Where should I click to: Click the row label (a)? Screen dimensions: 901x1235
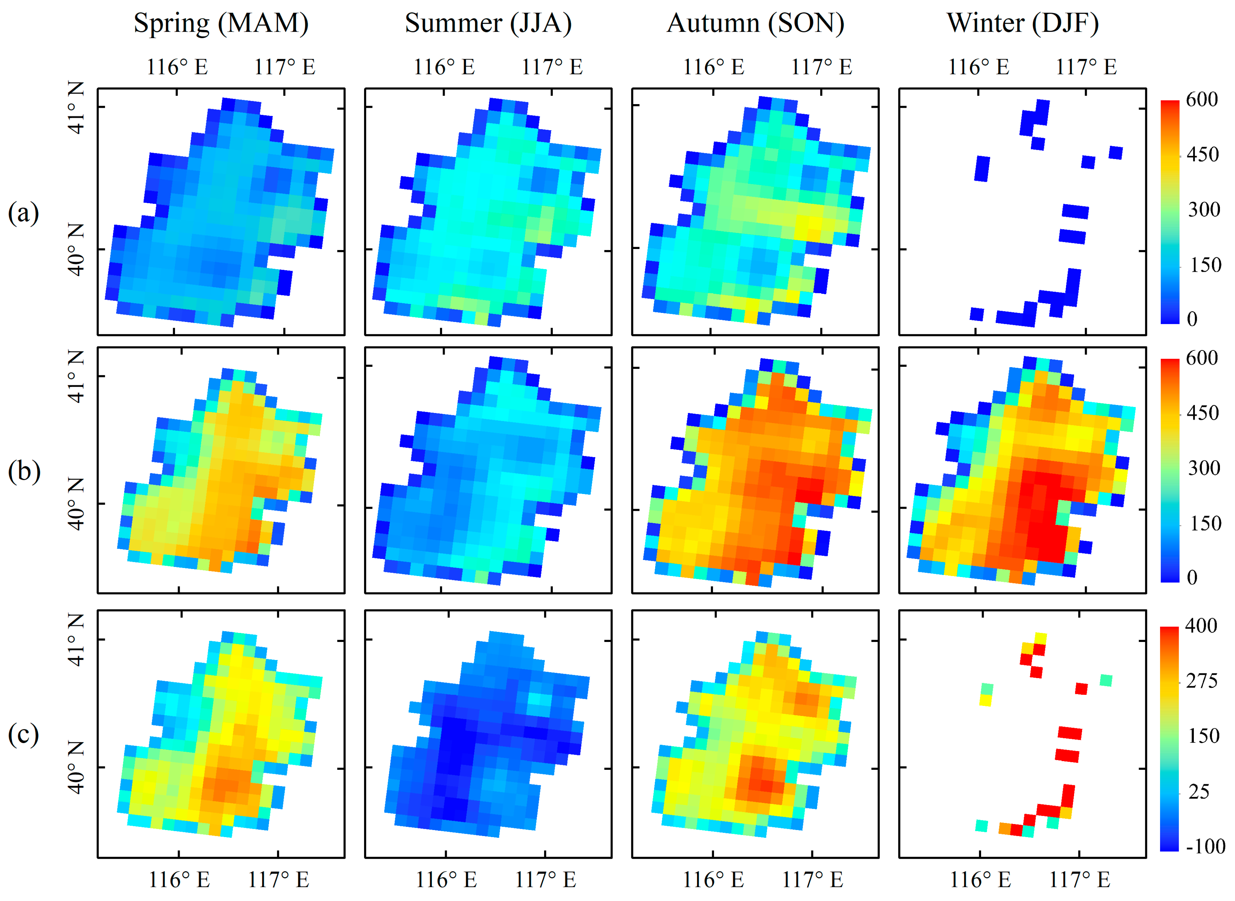[x=23, y=213]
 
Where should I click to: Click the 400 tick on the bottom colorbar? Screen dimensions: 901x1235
[x=1201, y=626]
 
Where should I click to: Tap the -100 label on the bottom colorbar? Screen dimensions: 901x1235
[x=1205, y=846]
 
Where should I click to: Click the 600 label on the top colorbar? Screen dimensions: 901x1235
[x=1201, y=99]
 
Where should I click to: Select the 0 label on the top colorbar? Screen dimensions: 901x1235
[x=1192, y=319]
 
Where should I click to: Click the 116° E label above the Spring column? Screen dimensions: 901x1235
[x=177, y=67]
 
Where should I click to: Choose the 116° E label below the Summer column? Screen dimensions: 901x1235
[x=446, y=879]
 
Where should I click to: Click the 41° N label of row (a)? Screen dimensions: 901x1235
[x=76, y=107]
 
